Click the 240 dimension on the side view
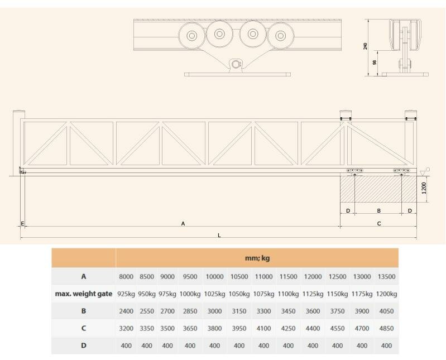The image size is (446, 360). (x=366, y=46)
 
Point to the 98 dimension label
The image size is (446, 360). (x=375, y=62)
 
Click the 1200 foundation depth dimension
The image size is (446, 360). (x=424, y=188)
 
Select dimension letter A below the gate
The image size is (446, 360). (x=183, y=224)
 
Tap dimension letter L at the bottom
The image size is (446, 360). (x=219, y=236)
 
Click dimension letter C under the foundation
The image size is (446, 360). (x=379, y=224)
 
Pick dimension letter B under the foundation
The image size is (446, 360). (x=378, y=211)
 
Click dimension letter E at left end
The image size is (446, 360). (x=22, y=224)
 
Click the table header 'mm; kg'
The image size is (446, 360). (x=257, y=258)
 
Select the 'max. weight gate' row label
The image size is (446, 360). (x=84, y=294)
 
